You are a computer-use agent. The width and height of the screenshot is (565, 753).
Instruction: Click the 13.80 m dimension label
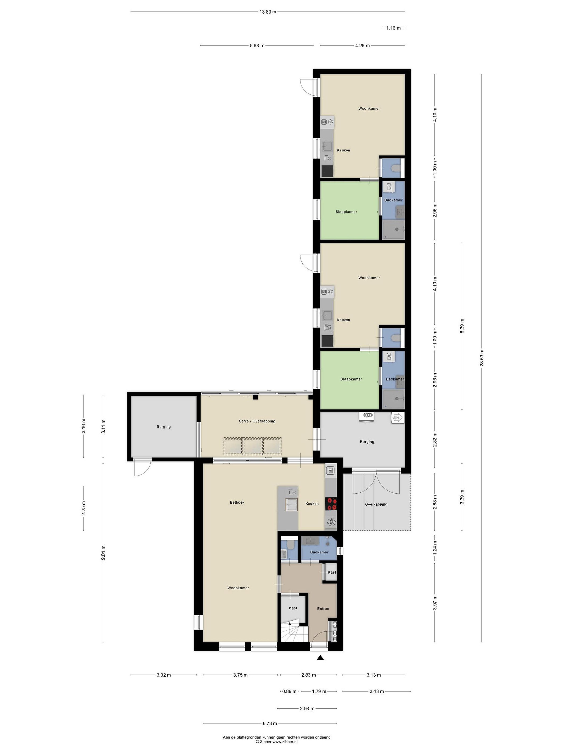click(268, 12)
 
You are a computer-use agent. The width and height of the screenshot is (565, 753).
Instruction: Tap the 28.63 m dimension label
click(482, 358)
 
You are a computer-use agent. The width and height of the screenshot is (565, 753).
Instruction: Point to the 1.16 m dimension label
click(393, 28)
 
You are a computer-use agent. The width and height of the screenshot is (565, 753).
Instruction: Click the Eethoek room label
click(237, 502)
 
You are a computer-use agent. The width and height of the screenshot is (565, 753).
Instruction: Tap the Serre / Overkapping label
click(257, 421)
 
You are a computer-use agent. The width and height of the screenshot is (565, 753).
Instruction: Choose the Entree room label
click(323, 608)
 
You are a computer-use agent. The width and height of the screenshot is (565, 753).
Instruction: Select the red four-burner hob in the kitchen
click(331, 504)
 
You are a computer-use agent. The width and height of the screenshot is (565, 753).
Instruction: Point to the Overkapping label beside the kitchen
click(376, 504)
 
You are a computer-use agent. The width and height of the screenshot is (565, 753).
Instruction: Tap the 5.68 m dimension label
click(257, 45)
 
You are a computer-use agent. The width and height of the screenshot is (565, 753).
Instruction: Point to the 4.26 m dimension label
click(362, 45)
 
